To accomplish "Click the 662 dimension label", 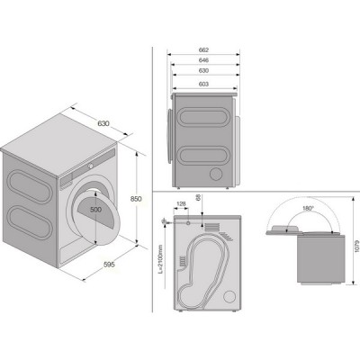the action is (x=203, y=49).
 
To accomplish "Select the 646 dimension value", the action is (x=203, y=60).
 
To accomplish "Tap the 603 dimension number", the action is (x=203, y=85).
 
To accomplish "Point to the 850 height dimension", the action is (x=136, y=199).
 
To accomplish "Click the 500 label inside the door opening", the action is (x=95, y=210).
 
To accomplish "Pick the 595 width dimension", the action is (x=109, y=265).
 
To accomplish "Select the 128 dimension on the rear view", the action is (x=181, y=204).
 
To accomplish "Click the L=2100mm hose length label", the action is (x=160, y=258).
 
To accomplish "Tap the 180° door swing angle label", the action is (x=308, y=208).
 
